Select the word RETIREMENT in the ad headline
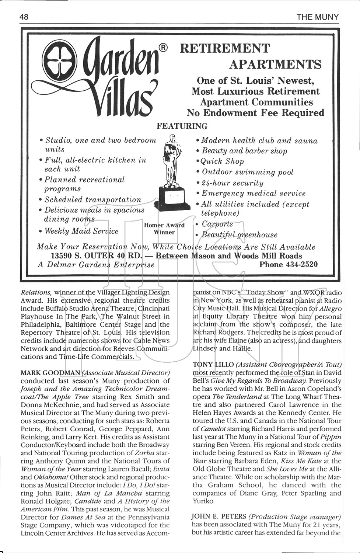tap(224, 48)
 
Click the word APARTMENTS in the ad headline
tap(275, 64)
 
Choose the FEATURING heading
tap(182, 126)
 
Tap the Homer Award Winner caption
tap(164, 229)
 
